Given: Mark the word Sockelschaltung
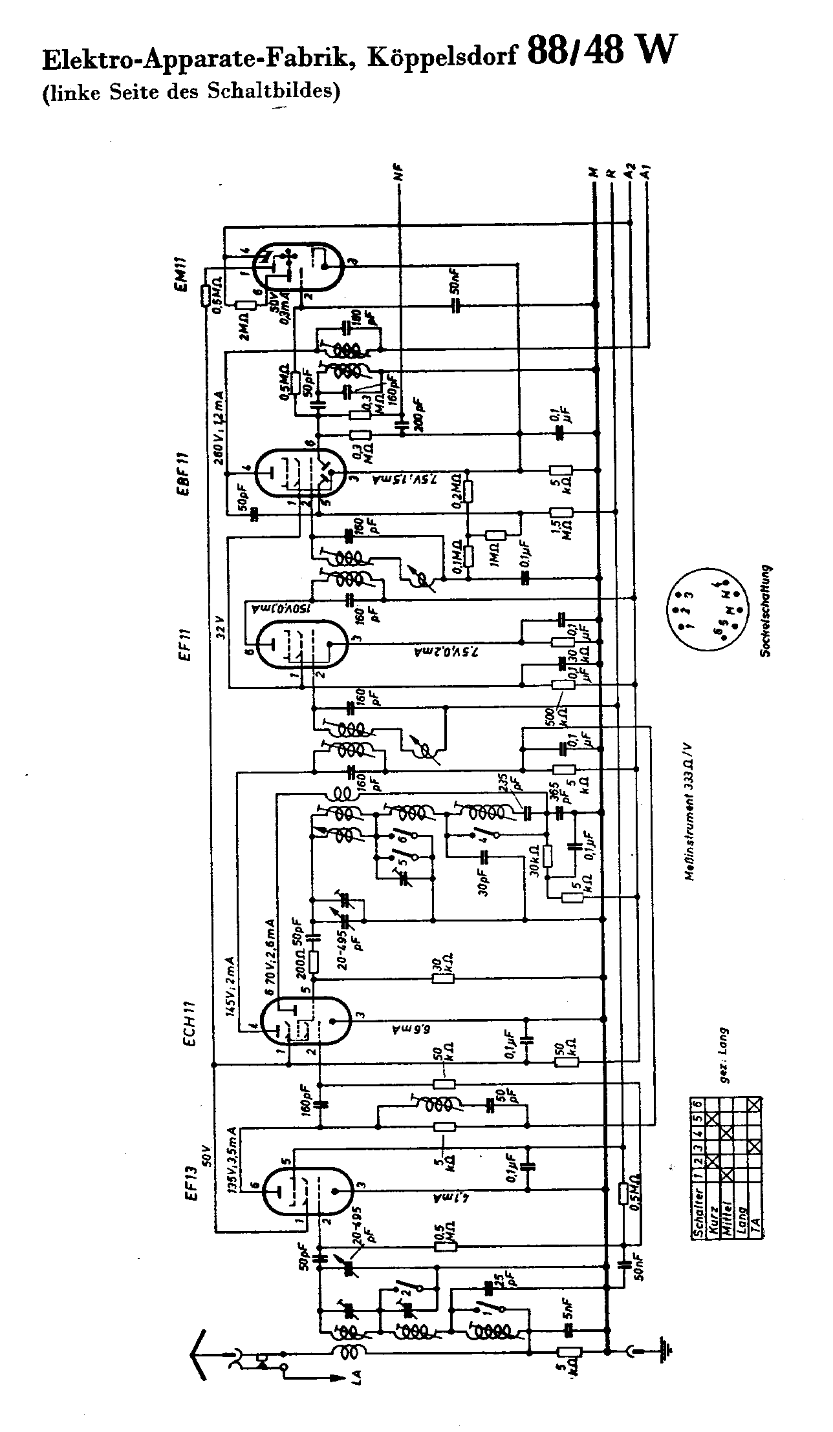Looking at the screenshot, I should [767, 611].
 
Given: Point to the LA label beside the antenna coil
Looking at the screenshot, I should [357, 1377].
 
